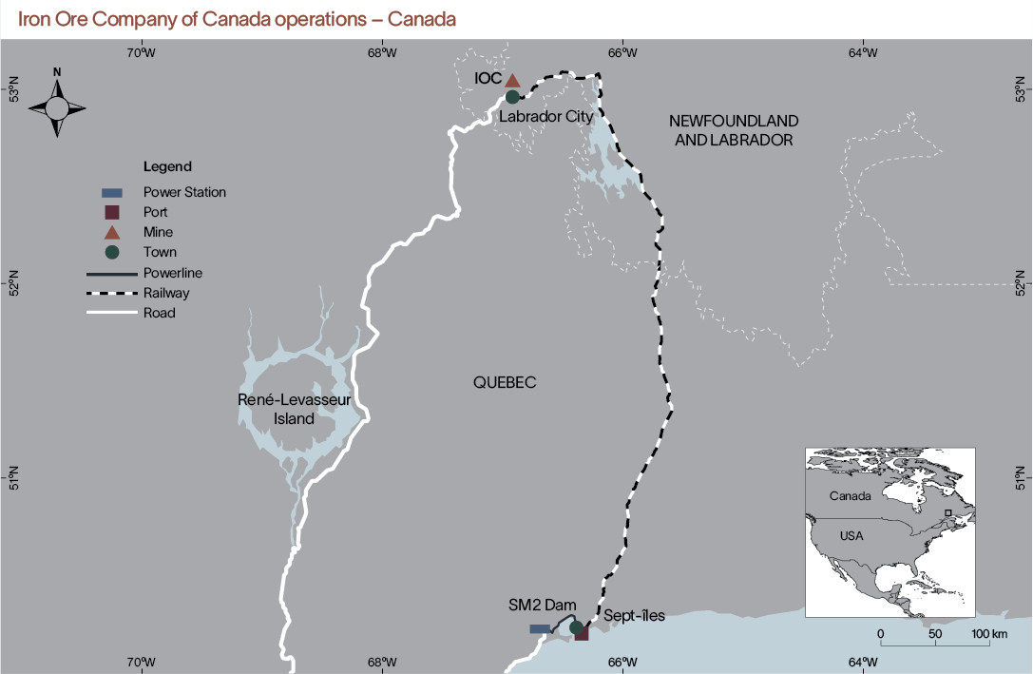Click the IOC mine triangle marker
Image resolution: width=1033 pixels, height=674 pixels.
tap(512, 81)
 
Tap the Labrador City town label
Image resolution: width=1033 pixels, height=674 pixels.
tap(546, 116)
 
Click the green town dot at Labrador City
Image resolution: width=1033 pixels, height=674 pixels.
tap(512, 96)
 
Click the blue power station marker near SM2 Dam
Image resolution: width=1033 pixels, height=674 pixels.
tap(540, 628)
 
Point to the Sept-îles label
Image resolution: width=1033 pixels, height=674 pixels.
tap(634, 616)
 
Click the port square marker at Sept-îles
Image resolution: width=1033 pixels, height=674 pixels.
tap(582, 633)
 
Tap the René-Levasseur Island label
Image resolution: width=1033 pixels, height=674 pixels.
tap(294, 409)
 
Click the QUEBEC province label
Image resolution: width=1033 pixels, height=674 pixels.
tap(505, 382)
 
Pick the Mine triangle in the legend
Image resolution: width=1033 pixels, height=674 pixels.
tap(111, 232)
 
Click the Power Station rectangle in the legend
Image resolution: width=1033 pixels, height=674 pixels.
tap(111, 192)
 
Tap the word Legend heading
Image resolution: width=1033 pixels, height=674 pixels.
tap(167, 166)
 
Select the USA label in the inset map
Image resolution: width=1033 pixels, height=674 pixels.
tap(851, 536)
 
